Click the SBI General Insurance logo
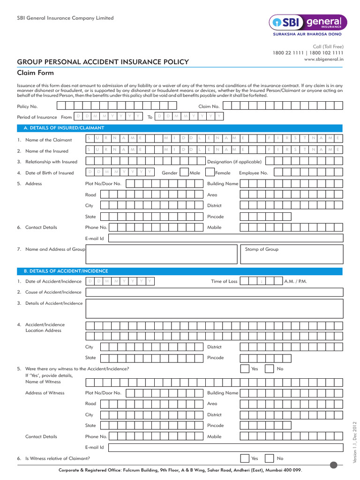[307, 22]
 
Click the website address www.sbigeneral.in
[324, 60]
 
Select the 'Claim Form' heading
[36, 73]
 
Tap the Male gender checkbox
[185, 173]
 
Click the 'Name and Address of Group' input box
[161, 255]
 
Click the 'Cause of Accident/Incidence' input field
[214, 292]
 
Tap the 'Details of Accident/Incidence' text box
[214, 308]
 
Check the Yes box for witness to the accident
[245, 369]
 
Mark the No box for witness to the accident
[269, 369]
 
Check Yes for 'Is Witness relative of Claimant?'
[245, 458]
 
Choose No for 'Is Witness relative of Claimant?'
[269, 458]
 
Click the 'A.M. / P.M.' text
[295, 281]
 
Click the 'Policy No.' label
[27, 106]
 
